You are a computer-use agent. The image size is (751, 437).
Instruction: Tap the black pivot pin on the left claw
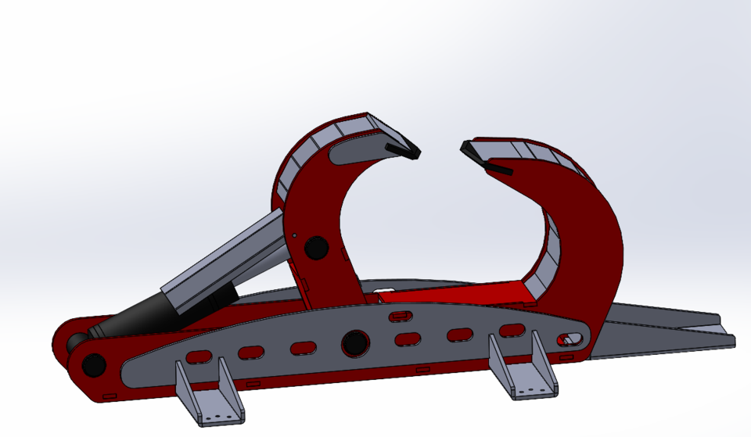[x=316, y=247]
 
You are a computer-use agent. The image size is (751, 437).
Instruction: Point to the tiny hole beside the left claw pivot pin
[x=294, y=235]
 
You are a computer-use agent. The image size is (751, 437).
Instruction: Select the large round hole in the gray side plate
[x=354, y=342]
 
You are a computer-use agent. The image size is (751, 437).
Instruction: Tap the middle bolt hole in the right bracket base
[x=532, y=389]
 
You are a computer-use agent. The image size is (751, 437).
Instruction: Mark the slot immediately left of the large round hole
[x=303, y=348]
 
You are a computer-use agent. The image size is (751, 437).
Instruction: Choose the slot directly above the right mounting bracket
[x=512, y=330]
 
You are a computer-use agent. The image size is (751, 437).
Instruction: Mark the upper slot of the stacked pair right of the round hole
[x=401, y=316]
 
